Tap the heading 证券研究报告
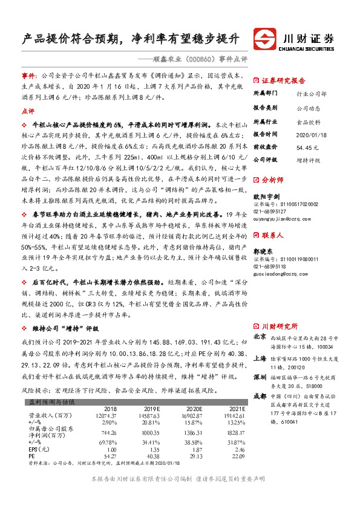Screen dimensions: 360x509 click(283, 80)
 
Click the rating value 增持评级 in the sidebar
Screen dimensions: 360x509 click(307, 160)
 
